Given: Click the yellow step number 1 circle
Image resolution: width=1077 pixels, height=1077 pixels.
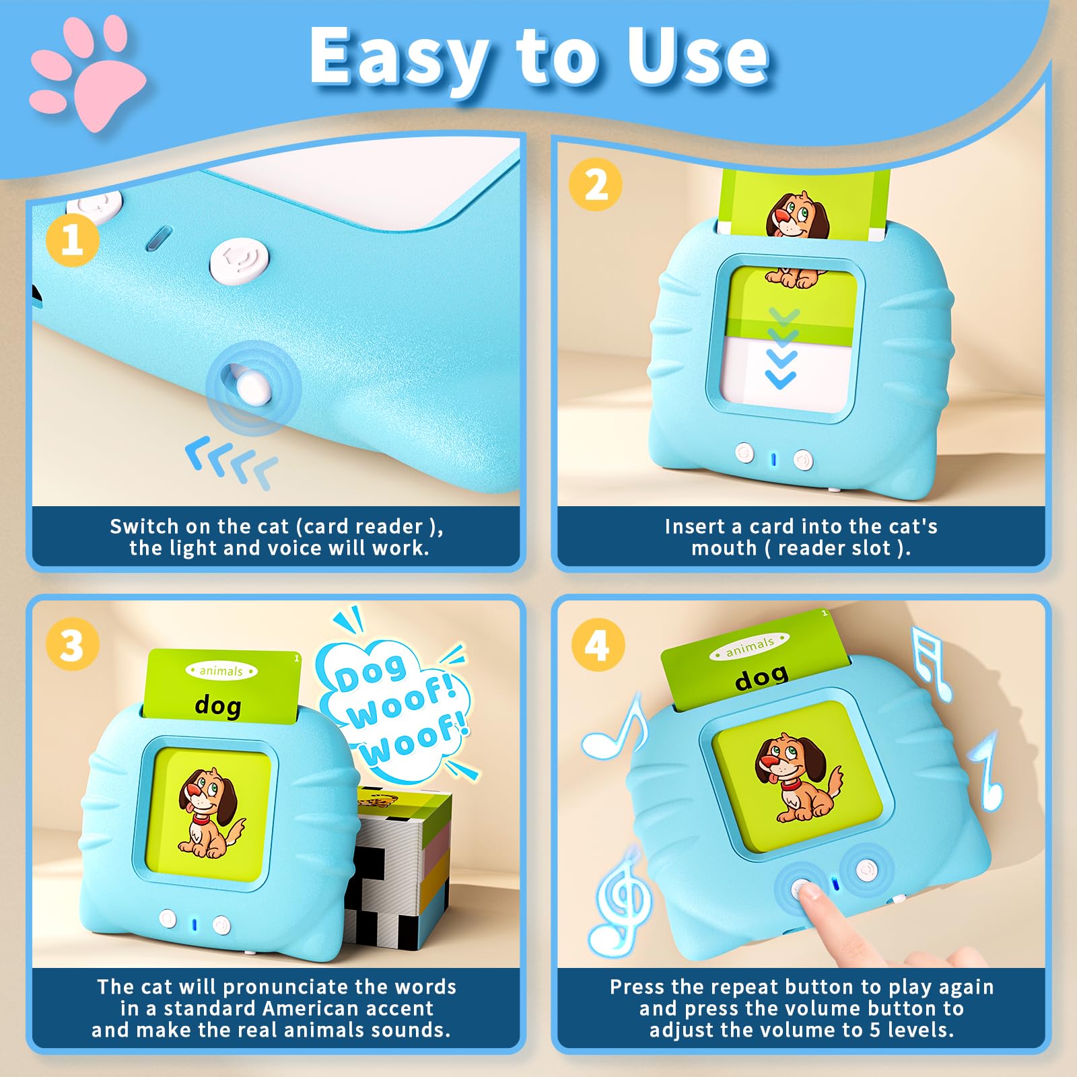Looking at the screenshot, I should click(x=73, y=240).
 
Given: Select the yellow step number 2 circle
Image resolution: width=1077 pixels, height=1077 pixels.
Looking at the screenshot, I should click(x=596, y=184).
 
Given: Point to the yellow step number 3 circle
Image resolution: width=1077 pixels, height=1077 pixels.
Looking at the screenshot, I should click(x=73, y=645).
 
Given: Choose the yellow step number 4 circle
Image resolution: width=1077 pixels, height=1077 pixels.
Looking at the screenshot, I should click(x=598, y=645).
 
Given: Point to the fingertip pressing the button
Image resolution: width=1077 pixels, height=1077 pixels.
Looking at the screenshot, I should click(x=810, y=893).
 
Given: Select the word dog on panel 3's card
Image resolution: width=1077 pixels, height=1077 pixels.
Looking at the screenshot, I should click(x=217, y=705).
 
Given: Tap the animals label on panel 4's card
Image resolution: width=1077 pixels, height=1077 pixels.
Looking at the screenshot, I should click(x=749, y=647).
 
